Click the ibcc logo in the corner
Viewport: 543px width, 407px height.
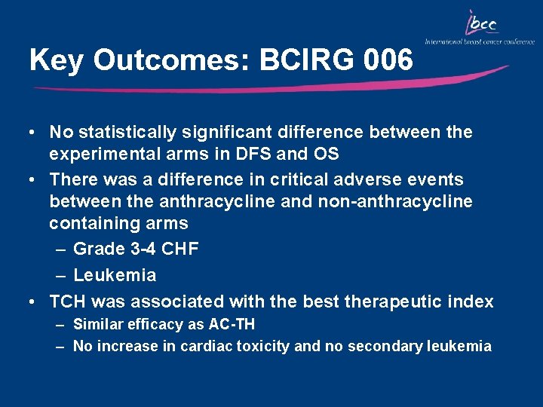coord(482,26)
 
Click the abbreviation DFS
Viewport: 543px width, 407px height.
coord(263,155)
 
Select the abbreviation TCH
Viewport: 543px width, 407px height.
coord(66,302)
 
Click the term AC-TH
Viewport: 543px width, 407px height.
coord(231,325)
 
